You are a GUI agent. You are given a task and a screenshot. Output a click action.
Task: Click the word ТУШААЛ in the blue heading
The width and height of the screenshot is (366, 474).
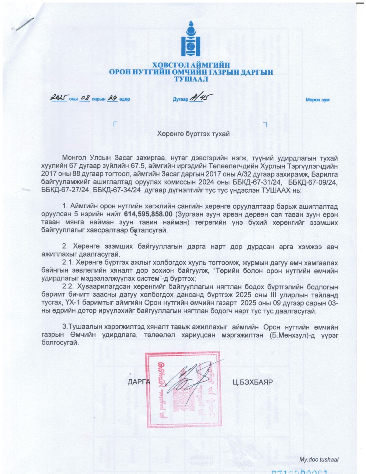pos(191,79)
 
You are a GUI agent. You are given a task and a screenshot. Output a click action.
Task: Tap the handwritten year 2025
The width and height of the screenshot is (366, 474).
pos(59,98)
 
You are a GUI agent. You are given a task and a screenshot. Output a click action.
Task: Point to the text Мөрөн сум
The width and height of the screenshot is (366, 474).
pos(317,100)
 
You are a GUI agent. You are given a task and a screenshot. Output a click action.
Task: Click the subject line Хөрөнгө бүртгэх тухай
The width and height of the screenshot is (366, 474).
pos(193,134)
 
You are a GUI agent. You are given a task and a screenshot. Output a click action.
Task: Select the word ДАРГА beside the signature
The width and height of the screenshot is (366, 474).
pos(139,382)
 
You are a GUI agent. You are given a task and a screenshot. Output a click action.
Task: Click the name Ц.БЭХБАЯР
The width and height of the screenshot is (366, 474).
pos(253,382)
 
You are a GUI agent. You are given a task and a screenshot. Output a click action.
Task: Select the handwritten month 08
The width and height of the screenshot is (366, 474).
pos(85,98)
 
